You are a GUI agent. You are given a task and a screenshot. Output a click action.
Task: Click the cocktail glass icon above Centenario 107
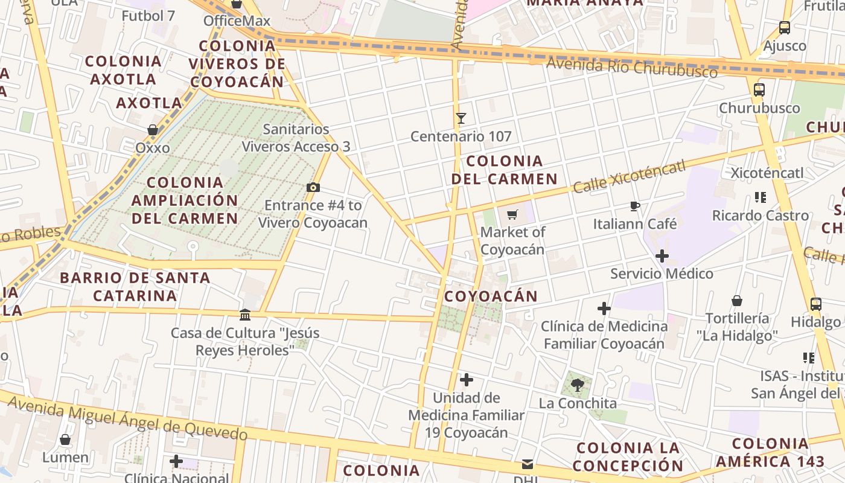point(461,118)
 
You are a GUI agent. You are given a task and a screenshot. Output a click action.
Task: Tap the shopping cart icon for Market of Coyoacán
point(512,214)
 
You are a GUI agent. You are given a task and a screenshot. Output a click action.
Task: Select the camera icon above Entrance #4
point(313,188)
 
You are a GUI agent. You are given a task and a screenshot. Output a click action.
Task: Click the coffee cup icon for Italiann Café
point(634,206)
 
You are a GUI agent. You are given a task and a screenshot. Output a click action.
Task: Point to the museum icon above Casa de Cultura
point(245,315)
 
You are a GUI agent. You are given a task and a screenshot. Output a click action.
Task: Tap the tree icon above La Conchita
point(578,385)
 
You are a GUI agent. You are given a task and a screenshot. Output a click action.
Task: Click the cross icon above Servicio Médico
point(662,256)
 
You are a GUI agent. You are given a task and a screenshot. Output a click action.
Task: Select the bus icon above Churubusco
point(759,90)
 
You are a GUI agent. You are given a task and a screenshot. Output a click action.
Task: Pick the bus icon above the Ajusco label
point(785,27)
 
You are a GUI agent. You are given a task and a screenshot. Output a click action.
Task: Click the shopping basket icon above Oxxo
point(153,130)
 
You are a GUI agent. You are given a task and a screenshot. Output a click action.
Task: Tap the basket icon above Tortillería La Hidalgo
point(737,301)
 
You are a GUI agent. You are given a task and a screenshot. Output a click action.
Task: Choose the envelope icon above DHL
point(528,464)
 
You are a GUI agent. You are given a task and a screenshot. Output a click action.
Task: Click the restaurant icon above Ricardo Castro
point(760,197)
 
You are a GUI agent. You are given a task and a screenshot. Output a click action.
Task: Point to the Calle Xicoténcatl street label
point(629,176)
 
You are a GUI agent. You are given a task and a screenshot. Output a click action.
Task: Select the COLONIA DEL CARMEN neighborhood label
point(504,170)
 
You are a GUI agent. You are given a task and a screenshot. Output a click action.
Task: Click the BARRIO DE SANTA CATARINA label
point(135,286)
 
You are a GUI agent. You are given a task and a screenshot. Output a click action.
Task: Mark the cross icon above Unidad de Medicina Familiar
point(467,380)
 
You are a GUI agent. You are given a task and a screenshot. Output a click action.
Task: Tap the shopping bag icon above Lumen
point(65,440)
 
